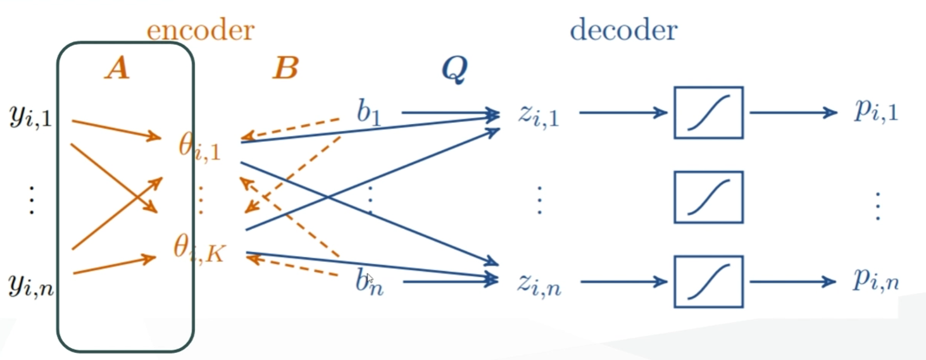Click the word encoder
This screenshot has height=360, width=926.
point(200,30)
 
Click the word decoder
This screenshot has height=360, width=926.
point(623,30)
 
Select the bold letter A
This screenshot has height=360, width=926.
point(117,68)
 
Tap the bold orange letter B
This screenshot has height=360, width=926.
point(285,68)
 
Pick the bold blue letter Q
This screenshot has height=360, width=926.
point(454,70)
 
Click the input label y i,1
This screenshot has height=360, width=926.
point(30,118)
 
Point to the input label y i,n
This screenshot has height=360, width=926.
point(30,285)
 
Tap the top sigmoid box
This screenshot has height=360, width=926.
point(708,113)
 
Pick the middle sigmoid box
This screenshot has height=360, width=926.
point(708,197)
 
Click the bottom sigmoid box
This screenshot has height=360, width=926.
point(708,282)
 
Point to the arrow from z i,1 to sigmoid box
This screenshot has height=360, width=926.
point(623,113)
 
